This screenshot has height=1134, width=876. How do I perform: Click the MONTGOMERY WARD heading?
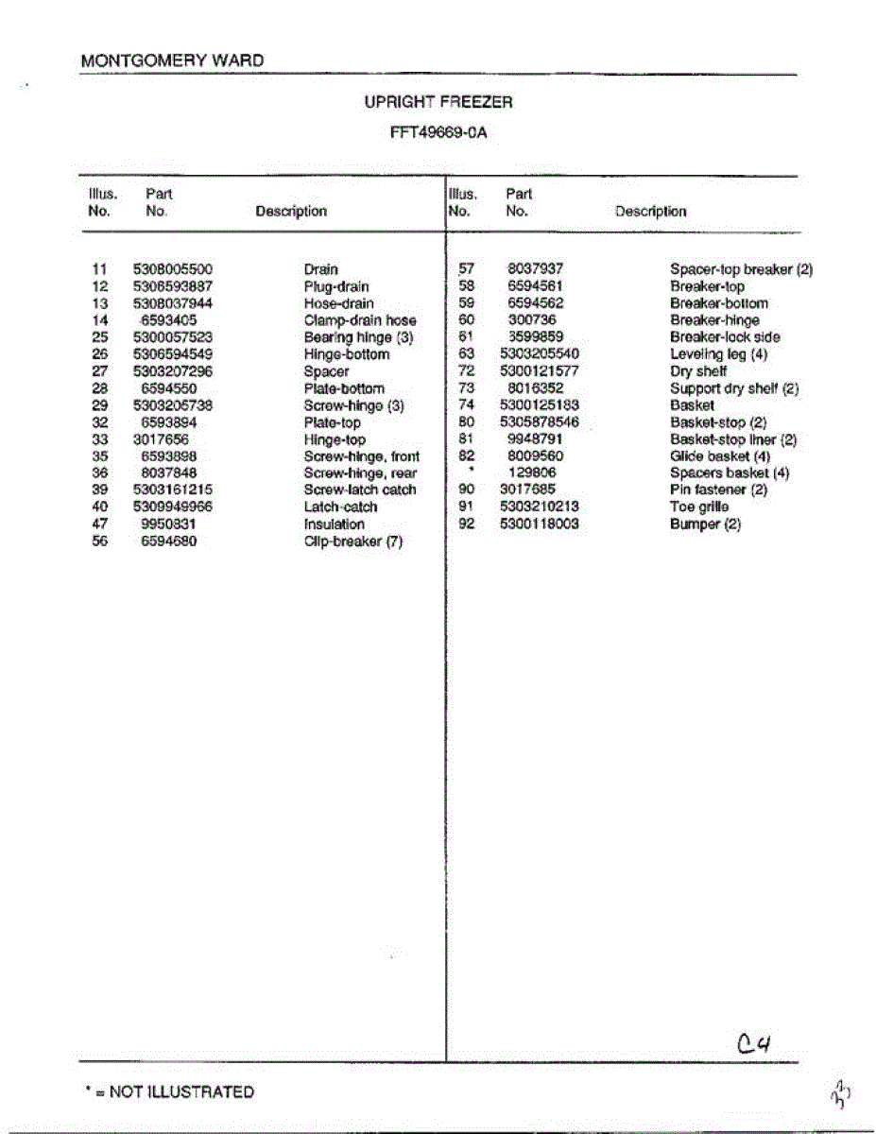point(172,60)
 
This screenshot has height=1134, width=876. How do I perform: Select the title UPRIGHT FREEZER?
point(438,102)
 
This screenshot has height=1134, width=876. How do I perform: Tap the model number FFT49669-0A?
point(438,133)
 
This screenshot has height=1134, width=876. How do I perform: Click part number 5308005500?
point(173,269)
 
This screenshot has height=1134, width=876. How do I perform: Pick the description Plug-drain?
point(336,286)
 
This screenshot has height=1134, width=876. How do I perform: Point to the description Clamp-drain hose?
point(360,320)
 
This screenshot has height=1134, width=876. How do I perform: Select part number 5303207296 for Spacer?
point(173,371)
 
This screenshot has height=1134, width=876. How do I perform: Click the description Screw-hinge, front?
point(362,456)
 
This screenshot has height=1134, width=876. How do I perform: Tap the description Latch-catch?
point(340,507)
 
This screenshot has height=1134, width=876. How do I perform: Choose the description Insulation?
point(334,524)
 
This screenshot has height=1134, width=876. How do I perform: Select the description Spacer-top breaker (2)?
point(741,269)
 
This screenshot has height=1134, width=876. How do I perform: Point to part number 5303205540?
point(539,354)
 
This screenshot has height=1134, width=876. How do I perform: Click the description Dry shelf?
point(698,371)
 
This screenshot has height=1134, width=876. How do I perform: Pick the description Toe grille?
point(699,507)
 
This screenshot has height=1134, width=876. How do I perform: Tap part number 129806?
point(533,472)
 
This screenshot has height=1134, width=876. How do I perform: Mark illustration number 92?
point(465,524)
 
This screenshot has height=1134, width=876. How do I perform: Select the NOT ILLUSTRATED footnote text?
point(170,1092)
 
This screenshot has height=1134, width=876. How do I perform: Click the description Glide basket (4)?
point(720,456)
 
